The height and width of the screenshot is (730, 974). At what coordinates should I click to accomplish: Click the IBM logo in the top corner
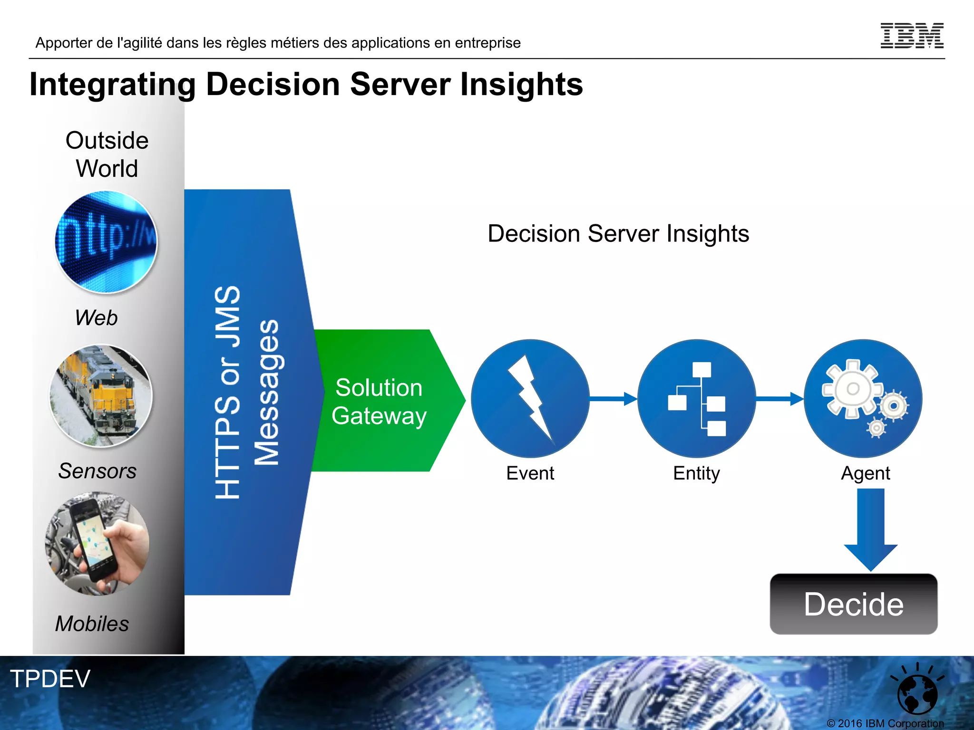tap(912, 36)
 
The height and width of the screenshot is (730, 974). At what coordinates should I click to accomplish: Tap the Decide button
tap(854, 604)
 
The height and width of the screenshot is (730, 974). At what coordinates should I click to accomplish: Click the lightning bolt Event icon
tap(530, 398)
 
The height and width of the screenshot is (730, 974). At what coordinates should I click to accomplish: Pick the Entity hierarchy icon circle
tap(697, 398)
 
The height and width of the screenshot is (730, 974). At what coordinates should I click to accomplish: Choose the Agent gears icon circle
tap(863, 398)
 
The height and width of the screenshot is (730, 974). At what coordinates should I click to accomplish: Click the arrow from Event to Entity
tap(613, 399)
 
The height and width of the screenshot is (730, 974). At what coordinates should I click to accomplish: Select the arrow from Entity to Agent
tap(779, 399)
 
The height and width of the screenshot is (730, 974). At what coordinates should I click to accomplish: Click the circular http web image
tap(106, 242)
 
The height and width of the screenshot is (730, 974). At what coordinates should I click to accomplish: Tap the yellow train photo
tap(101, 395)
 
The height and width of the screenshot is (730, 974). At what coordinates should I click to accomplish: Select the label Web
tap(96, 317)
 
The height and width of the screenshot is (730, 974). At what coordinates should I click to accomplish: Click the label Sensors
tap(97, 471)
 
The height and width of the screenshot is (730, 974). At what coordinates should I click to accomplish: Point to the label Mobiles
tap(92, 624)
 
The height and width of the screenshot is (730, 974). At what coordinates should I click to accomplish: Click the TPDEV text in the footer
tap(50, 679)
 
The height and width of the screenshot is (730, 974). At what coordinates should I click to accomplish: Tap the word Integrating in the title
tap(113, 85)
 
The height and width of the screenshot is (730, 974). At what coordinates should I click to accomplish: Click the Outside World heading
tap(107, 154)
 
